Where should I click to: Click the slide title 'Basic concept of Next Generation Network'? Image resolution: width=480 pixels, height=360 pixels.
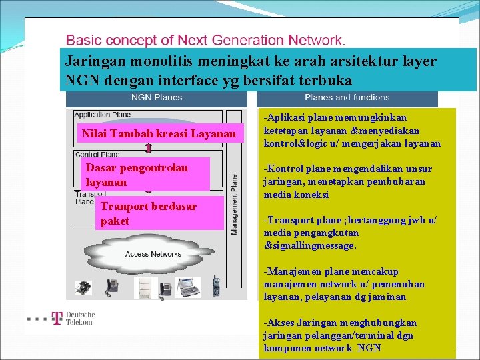coord(205,41)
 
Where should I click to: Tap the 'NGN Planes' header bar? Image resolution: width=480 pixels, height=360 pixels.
coord(157,97)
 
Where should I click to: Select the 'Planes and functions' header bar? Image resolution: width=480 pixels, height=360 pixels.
coord(347,97)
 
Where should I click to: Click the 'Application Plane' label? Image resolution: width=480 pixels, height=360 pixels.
coord(103,115)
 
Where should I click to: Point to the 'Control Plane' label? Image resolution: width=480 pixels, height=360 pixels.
coord(97,154)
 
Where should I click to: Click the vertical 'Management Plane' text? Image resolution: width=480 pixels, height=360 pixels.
coord(235,204)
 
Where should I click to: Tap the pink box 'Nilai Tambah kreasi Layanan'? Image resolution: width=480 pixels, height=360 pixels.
coord(158,134)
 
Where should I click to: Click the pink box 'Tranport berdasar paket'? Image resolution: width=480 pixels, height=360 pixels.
coord(159,213)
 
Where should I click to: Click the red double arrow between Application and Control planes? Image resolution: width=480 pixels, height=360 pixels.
coord(149,147)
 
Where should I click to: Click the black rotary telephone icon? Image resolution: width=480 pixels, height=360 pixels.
coord(83,288)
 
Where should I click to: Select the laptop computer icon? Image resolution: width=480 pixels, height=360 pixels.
coord(187,287)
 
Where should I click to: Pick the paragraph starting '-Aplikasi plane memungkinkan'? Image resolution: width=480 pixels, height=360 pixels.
coord(352,131)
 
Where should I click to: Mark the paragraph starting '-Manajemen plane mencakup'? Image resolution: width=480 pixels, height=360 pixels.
coord(344,284)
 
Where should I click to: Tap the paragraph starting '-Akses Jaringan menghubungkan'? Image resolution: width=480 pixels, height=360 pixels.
coord(340,335)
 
